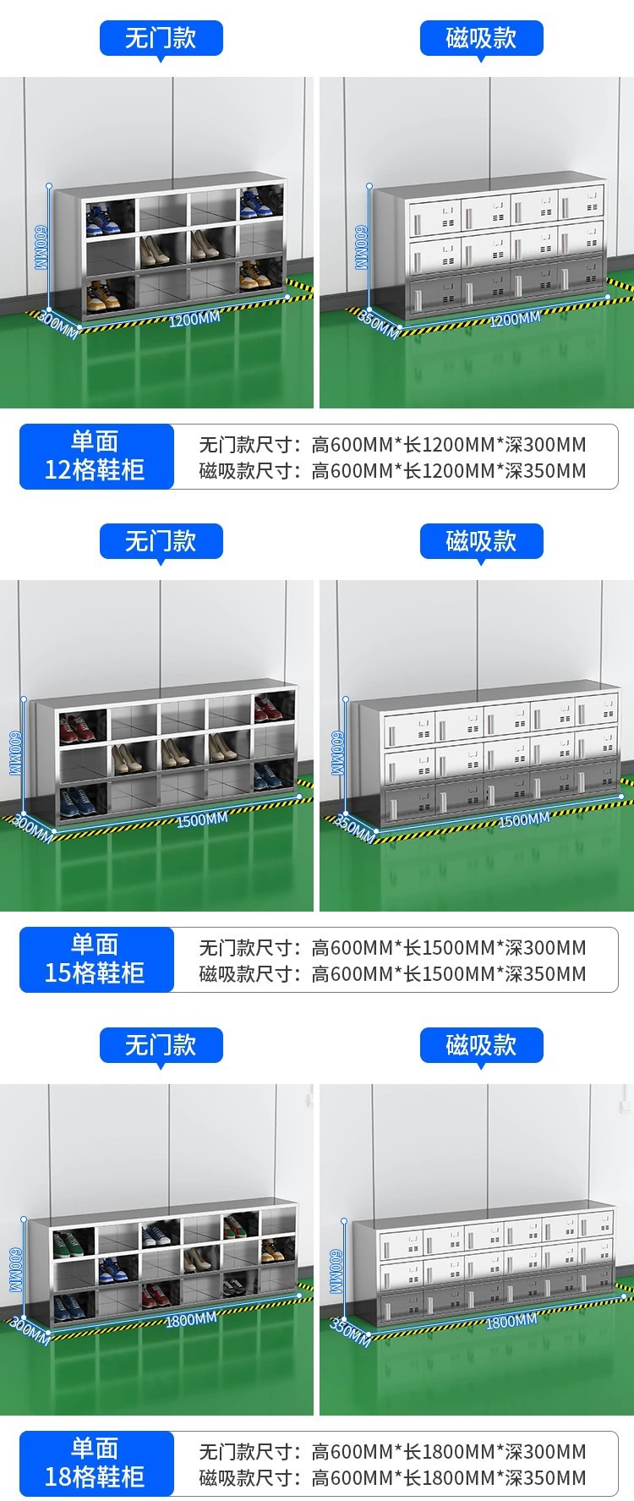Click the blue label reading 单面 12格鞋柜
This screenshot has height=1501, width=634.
(x=96, y=457)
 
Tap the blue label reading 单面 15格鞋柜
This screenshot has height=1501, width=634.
(x=96, y=959)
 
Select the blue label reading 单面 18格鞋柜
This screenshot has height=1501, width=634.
(x=96, y=1463)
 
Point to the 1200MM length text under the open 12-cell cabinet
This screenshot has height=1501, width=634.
(x=194, y=320)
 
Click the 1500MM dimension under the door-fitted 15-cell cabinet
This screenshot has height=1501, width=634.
(x=523, y=819)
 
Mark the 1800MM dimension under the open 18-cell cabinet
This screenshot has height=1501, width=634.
(x=191, y=1320)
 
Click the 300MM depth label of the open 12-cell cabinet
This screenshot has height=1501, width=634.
(x=57, y=324)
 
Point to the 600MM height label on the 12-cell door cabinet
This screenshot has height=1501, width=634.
(x=361, y=247)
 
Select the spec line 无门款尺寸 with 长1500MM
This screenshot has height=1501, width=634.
(x=392, y=948)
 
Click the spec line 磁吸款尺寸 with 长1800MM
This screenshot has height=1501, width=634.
(x=392, y=1477)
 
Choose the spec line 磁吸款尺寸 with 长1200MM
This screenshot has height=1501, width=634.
(x=392, y=471)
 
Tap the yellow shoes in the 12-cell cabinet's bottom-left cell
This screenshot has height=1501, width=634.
(x=100, y=297)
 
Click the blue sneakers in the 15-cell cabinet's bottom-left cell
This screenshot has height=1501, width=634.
(x=77, y=800)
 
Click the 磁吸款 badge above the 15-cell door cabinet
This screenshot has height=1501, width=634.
(x=481, y=541)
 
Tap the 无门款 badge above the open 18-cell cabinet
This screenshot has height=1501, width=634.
(x=161, y=1045)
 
